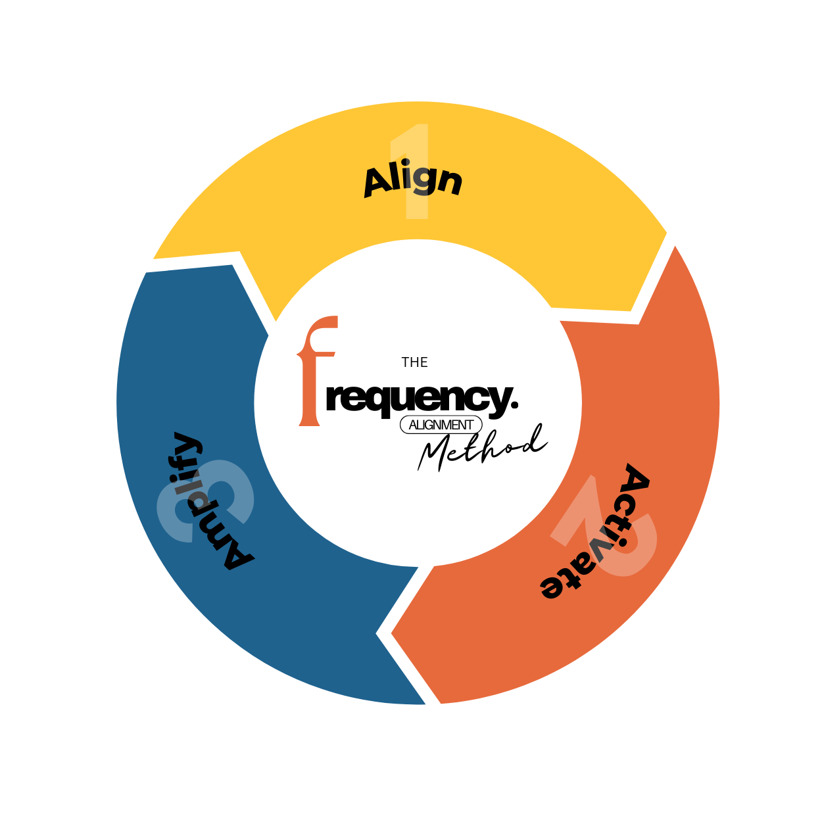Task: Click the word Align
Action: click(413, 180)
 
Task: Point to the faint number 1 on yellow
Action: click(413, 171)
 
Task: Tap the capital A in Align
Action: click(379, 182)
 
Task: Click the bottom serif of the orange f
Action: click(310, 422)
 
